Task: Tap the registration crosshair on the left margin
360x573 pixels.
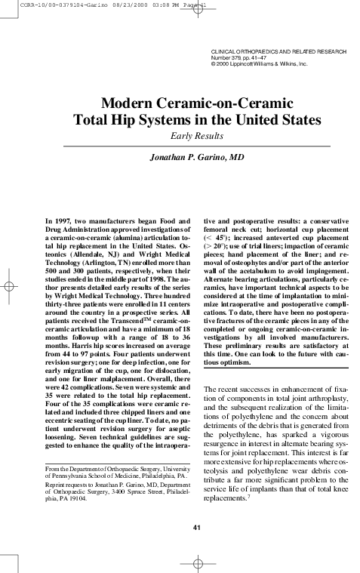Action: [x=11, y=287]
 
